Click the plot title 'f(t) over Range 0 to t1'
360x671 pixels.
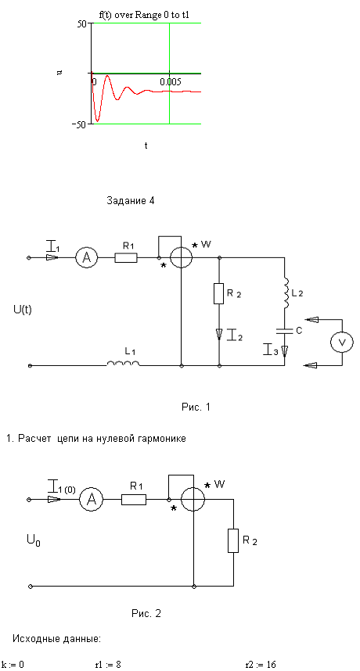(144, 16)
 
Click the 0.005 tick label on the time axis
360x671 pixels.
(171, 82)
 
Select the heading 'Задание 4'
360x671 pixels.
(130, 201)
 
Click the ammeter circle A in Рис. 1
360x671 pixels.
(87, 257)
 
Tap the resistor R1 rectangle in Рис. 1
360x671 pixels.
(126, 257)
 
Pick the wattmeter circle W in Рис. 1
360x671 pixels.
(181, 257)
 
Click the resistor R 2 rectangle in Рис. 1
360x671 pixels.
(219, 293)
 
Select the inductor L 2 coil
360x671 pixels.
(286, 294)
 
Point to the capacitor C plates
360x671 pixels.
(285, 330)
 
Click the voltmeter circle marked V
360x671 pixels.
(342, 342)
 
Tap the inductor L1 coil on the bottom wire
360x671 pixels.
(124, 364)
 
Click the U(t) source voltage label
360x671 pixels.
(23, 310)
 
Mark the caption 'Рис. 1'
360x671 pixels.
(196, 407)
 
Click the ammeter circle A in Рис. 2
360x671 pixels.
(92, 500)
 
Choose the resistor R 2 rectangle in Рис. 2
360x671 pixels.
(233, 540)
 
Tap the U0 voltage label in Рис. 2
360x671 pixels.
(34, 542)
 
